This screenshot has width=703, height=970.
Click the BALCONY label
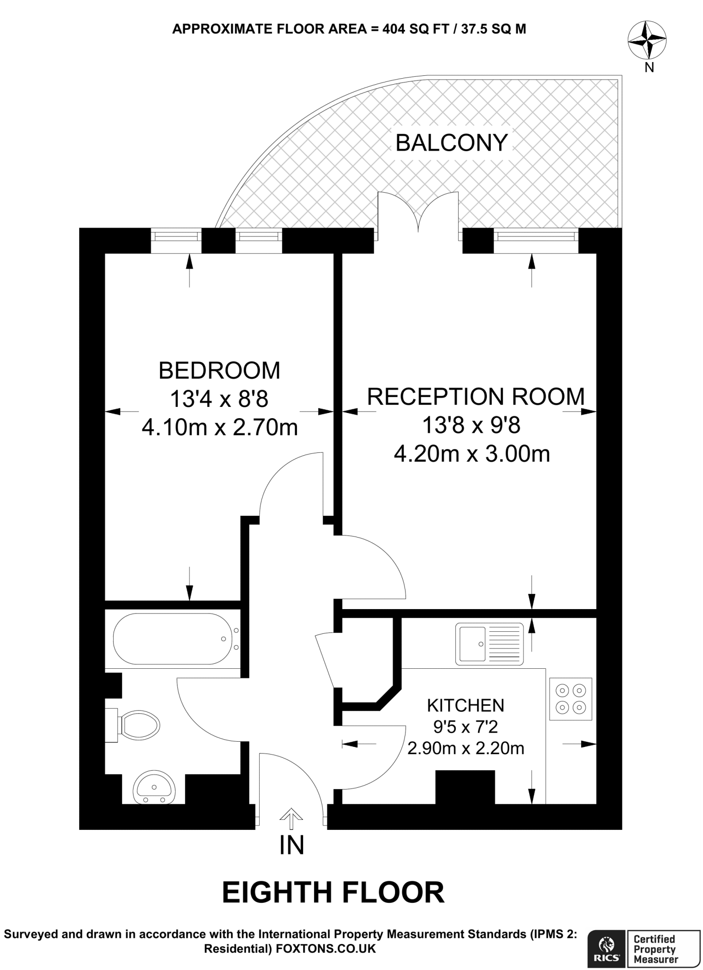click(451, 143)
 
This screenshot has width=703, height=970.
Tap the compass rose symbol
click(647, 41)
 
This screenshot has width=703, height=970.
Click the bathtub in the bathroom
click(171, 639)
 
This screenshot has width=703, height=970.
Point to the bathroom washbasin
click(155, 787)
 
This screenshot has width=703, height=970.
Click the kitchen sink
click(489, 644)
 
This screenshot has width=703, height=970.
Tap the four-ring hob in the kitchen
click(570, 699)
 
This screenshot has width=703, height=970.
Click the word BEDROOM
click(219, 370)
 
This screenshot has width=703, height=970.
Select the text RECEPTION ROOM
click(475, 396)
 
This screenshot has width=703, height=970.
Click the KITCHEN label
click(465, 706)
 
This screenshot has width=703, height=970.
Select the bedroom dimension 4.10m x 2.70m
click(219, 428)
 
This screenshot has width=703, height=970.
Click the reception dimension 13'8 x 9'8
click(471, 425)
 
